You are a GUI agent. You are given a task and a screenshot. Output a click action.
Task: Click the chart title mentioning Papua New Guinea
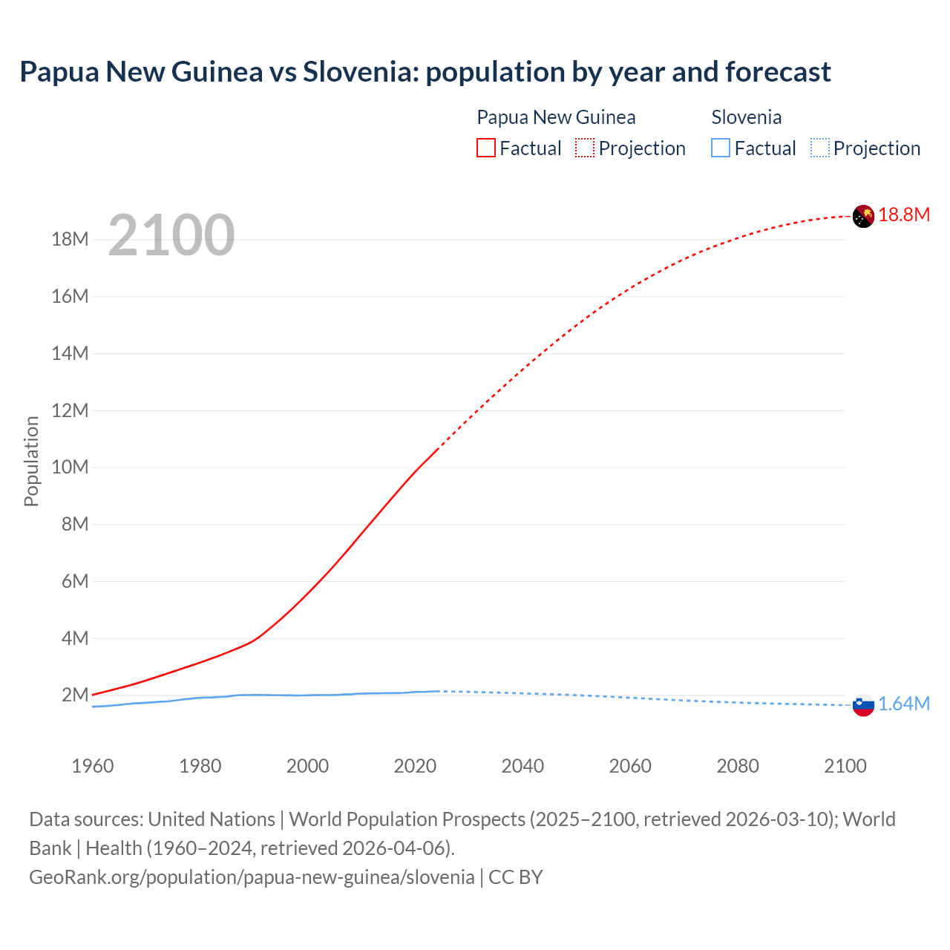click(425, 72)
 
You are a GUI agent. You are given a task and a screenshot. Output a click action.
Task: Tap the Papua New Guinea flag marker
click(863, 216)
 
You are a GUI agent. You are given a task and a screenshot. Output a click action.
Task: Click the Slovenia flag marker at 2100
click(863, 705)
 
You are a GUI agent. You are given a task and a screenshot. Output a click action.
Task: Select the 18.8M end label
click(904, 215)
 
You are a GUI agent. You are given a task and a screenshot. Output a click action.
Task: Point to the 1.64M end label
click(904, 704)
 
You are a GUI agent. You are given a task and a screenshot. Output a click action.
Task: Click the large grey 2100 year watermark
click(171, 235)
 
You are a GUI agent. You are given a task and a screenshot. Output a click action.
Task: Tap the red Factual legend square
click(485, 148)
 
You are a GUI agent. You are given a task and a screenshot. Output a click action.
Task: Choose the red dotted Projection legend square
click(585, 148)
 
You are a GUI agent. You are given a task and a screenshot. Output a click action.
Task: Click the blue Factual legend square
click(721, 148)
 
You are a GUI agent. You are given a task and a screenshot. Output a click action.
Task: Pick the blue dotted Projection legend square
click(820, 148)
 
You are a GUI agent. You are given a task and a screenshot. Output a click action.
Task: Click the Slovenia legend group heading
click(746, 117)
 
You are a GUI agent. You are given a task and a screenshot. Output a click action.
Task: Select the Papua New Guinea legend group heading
click(556, 117)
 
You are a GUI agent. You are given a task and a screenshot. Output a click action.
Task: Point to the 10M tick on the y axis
click(71, 468)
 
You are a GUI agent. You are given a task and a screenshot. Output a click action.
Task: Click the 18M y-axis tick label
click(71, 240)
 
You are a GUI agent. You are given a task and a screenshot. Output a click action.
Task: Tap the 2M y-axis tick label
click(75, 695)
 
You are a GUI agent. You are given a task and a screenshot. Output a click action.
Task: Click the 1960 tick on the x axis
click(93, 766)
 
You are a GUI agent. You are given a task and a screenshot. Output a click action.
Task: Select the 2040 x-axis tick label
click(522, 766)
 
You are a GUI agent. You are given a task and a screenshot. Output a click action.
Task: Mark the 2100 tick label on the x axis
click(845, 766)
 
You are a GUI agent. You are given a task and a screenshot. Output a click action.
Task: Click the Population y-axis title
click(31, 461)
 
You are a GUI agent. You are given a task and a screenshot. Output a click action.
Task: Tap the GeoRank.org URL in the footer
click(252, 877)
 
